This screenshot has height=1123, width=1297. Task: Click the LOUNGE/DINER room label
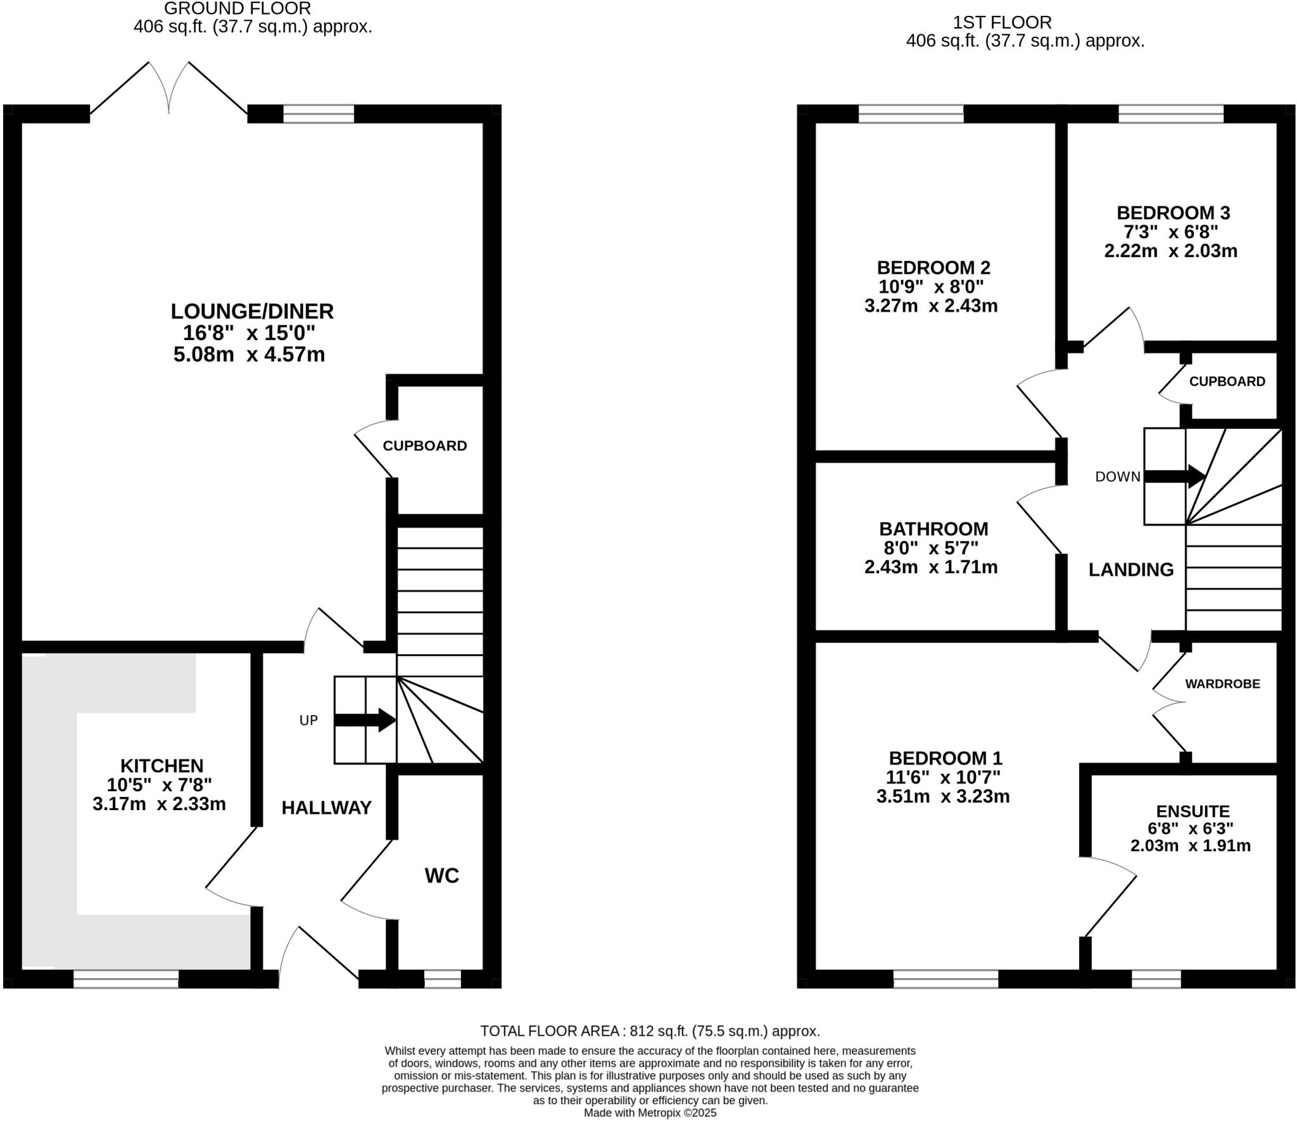tap(251, 311)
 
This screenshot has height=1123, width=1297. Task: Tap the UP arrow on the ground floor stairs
tap(365, 720)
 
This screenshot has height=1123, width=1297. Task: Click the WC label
tap(441, 875)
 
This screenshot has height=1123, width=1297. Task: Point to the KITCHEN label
tap(162, 765)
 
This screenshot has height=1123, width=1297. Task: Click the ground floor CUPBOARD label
tap(424, 446)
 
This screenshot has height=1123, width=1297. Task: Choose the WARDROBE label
tap(1222, 684)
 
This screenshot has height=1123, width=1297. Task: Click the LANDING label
tap(1130, 569)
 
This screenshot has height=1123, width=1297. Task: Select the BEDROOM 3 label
tap(1173, 212)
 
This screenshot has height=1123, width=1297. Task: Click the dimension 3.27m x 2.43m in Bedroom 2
tap(930, 306)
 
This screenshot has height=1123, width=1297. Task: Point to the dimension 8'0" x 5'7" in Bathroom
tap(931, 547)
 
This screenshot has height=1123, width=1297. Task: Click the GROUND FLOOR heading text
tap(237, 9)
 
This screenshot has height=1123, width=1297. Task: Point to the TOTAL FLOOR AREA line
tap(650, 1031)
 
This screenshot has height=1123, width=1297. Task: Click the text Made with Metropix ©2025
tap(650, 1112)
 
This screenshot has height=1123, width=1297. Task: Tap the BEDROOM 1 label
tap(945, 758)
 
